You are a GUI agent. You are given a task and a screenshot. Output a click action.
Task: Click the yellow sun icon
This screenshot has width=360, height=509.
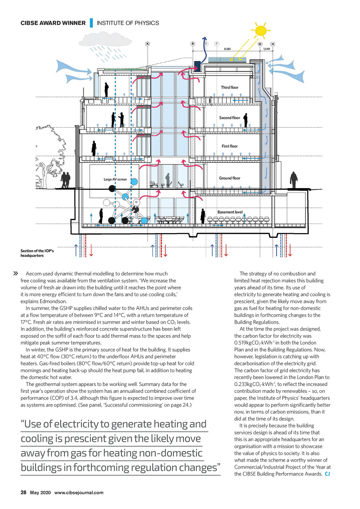click(261, 31)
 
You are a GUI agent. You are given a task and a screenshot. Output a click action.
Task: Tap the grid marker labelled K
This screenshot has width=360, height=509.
click(147, 44)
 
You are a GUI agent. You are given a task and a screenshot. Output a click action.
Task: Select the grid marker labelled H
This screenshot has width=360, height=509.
click(272, 44)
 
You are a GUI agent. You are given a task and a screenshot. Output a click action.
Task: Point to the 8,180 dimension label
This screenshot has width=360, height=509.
click(227, 49)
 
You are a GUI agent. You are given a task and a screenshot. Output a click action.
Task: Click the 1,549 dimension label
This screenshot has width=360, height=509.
click(266, 49)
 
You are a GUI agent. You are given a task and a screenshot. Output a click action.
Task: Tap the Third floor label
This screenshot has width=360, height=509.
click(230, 87)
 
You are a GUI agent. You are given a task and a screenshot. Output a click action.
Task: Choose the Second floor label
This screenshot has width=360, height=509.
click(230, 118)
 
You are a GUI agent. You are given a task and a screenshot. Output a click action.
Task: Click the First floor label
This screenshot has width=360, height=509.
click(230, 146)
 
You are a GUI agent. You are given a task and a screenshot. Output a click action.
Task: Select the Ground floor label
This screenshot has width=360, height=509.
click(230, 178)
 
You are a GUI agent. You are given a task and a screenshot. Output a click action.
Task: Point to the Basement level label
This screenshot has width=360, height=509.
click(230, 212)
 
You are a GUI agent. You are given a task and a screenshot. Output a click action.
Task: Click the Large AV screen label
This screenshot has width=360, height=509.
click(115, 179)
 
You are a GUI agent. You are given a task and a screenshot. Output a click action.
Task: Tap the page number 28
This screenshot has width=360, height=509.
click(23, 492)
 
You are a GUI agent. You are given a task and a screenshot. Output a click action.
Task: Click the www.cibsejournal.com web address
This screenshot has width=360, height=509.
click(79, 492)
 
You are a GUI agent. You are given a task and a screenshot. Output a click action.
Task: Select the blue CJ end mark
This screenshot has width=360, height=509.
click(327, 474)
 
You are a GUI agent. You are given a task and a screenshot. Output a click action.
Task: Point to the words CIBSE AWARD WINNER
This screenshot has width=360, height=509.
click(53, 23)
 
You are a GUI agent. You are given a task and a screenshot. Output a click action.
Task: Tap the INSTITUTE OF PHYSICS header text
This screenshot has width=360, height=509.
click(128, 23)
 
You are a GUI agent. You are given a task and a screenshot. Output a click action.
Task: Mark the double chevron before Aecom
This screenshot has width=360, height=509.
click(15, 273)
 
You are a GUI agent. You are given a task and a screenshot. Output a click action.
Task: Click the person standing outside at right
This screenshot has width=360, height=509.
click(294, 180)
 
